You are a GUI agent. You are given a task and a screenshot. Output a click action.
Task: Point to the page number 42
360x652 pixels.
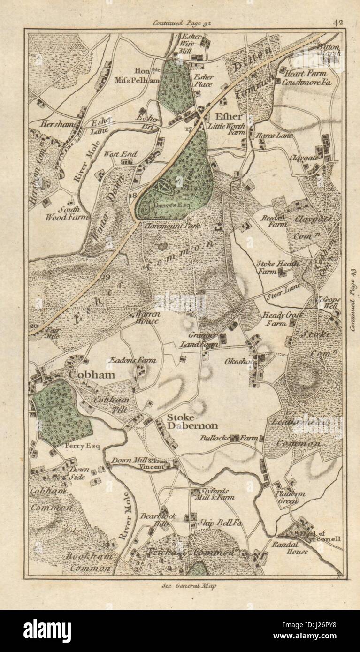click(338, 22)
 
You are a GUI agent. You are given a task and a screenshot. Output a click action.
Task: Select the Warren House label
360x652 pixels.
click(147, 318)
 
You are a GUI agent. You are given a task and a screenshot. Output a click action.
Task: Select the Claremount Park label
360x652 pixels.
click(172, 226)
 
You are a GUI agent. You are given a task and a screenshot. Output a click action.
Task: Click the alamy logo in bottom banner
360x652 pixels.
click(47, 630)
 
